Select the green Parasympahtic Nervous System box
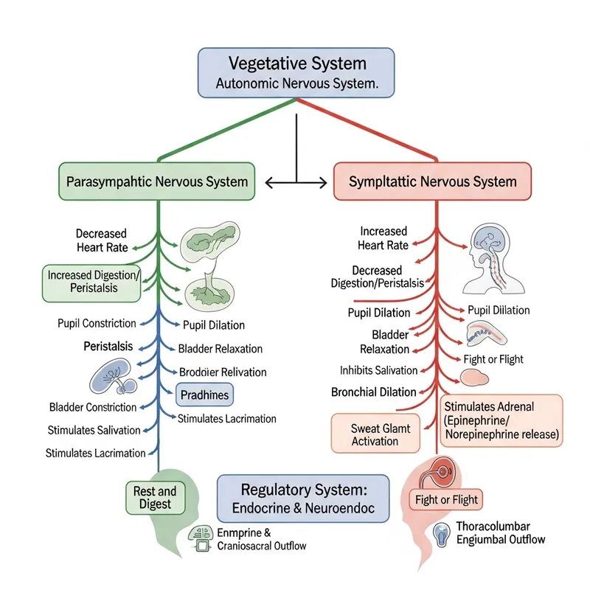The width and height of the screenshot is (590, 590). click(x=157, y=181)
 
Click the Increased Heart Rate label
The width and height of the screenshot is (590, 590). click(x=383, y=238)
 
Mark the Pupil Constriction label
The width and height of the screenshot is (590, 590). click(x=97, y=323)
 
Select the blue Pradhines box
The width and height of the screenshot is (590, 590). click(x=204, y=395)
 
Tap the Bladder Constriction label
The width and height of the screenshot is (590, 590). click(x=93, y=407)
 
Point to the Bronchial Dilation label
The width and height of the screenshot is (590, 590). click(x=373, y=392)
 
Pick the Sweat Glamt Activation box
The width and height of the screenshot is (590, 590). click(x=375, y=434)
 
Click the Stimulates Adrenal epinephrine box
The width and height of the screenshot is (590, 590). click(x=502, y=420)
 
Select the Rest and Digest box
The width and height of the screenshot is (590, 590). click(x=155, y=498)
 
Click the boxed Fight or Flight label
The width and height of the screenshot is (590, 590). click(x=446, y=500)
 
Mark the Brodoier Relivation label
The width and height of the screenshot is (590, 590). click(x=223, y=372)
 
